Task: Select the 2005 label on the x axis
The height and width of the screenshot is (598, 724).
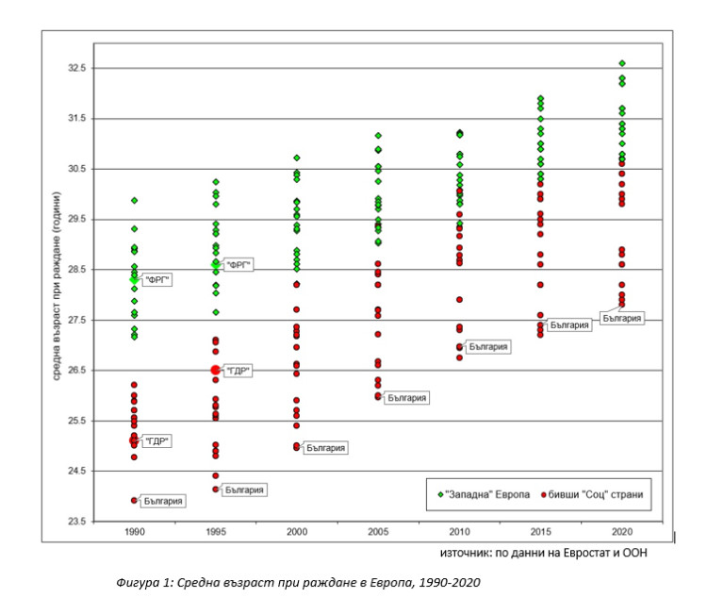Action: [x=377, y=533]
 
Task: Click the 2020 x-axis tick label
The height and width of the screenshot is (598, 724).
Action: [x=621, y=533]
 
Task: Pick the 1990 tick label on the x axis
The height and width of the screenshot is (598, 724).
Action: [x=134, y=533]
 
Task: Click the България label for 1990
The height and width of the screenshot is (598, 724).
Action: [x=161, y=501]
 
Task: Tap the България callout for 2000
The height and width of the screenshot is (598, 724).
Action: [x=325, y=447]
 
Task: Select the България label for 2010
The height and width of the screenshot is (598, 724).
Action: [x=487, y=347]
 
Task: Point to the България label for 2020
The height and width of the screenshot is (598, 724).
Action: [x=623, y=319]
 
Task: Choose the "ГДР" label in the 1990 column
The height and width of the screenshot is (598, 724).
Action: [x=158, y=440]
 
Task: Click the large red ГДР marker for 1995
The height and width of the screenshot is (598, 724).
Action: [x=216, y=371]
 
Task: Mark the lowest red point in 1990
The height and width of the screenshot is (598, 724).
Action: [x=134, y=500]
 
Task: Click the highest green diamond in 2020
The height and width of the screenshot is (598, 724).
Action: [x=622, y=63]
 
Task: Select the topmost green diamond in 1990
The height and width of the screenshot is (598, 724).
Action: [x=134, y=200]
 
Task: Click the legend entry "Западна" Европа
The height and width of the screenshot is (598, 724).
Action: [x=480, y=494]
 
